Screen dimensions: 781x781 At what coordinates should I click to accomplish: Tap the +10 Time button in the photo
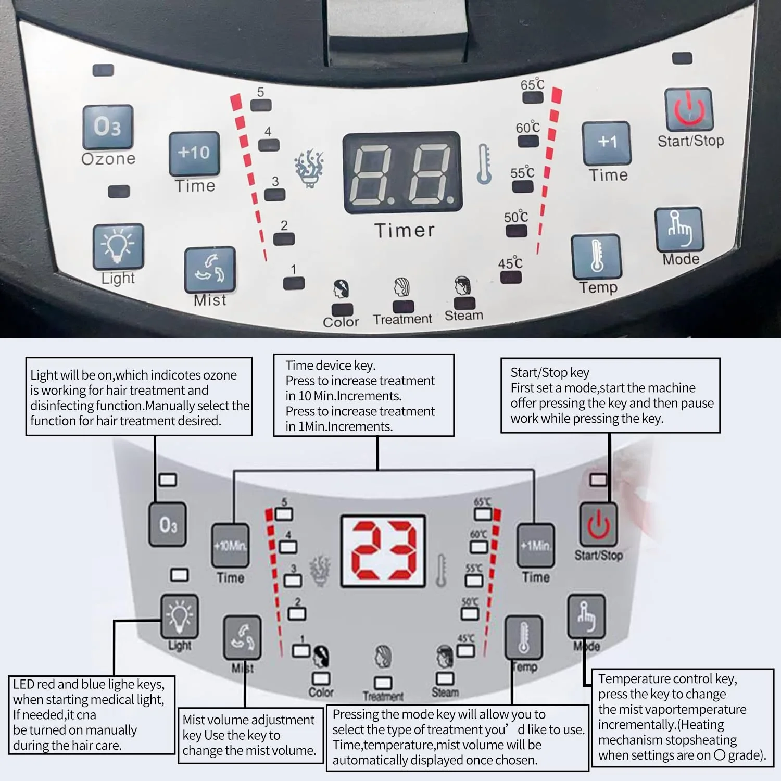tap(194, 153)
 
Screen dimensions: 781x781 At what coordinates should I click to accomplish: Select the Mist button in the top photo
tap(210, 270)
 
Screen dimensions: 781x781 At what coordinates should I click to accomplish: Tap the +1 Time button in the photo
tap(607, 143)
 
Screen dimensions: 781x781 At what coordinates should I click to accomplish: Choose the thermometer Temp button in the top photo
tap(597, 257)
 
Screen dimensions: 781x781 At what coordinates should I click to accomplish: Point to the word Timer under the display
tap(405, 231)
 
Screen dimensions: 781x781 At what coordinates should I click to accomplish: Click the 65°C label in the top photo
tap(532, 84)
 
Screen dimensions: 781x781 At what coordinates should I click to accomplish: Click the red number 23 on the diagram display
tap(383, 551)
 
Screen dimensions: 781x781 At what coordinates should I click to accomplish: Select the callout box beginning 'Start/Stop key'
tap(610, 395)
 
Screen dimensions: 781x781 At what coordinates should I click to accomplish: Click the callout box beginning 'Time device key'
tap(363, 395)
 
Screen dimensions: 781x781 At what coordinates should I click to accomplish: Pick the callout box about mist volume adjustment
tap(250, 735)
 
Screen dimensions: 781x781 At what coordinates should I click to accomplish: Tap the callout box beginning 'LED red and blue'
tap(91, 714)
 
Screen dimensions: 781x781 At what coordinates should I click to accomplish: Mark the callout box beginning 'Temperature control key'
tap(682, 717)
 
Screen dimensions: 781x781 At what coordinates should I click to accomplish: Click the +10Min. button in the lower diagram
tap(230, 546)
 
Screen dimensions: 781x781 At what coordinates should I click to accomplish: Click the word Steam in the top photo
tap(463, 316)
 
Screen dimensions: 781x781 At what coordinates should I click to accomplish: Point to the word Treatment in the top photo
tap(402, 319)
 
